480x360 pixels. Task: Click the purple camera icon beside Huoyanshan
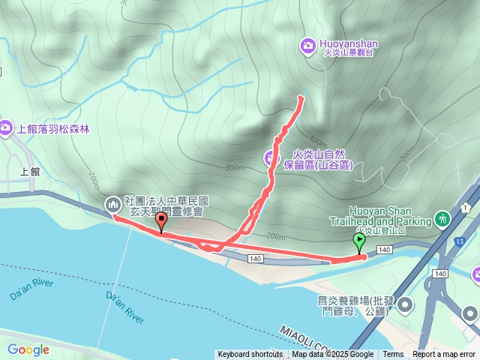coord(307,46)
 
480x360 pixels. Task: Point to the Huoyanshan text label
coord(348,44)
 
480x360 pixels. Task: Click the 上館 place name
coord(23,170)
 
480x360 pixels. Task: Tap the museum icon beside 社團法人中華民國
coord(113,203)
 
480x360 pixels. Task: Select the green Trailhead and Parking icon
coord(443,219)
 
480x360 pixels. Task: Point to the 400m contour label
coord(317,141)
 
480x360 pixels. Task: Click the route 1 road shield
coord(466,207)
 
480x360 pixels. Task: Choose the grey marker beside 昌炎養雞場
coord(406,304)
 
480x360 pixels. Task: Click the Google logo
coord(28,349)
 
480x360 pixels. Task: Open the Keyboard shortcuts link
coord(250,355)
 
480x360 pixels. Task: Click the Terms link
coord(393,355)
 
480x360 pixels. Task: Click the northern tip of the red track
coord(301,97)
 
